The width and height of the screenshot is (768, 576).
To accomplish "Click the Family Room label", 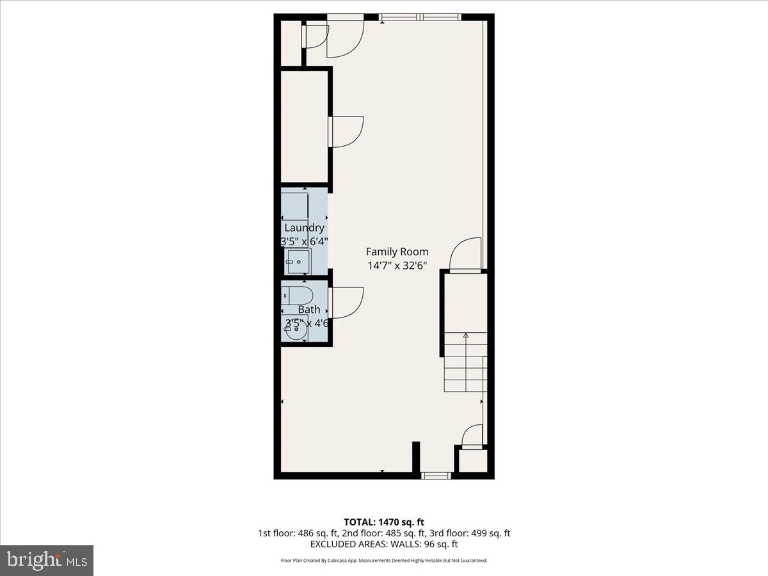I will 397,252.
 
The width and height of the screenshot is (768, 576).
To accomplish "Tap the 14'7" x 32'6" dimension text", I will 397,265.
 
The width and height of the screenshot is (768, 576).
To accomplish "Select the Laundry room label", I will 304,228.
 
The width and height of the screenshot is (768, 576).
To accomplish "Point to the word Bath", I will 308,310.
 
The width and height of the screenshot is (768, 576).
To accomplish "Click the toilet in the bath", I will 298,296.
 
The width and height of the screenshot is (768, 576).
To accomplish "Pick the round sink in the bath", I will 296,331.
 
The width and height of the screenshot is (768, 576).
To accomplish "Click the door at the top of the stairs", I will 466,255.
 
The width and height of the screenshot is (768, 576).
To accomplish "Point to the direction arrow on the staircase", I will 466,335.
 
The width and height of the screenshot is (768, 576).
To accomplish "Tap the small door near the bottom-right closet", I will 472,435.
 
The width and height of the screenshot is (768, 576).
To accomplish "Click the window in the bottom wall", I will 435,476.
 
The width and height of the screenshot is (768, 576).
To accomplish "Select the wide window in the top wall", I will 420,17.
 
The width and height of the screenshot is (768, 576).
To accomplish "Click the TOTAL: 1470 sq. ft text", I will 383,522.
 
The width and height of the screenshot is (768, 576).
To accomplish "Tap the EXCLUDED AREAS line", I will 383,544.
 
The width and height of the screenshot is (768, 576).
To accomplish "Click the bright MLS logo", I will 47,561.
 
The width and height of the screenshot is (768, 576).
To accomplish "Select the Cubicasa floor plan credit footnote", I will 383,561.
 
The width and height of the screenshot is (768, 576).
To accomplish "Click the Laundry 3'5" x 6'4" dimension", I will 304,241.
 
